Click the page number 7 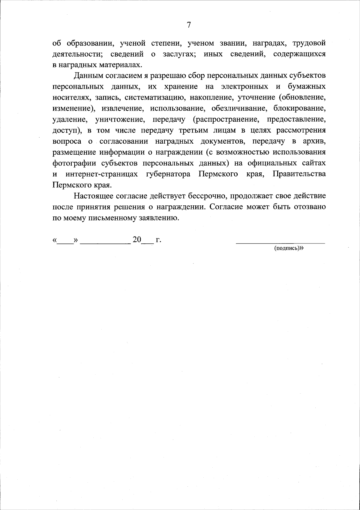coord(189,25)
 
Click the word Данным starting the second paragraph coord(89,76)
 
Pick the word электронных coord(244,87)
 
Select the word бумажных coord(307,87)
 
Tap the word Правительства coord(299,174)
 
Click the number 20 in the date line coord(137,240)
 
